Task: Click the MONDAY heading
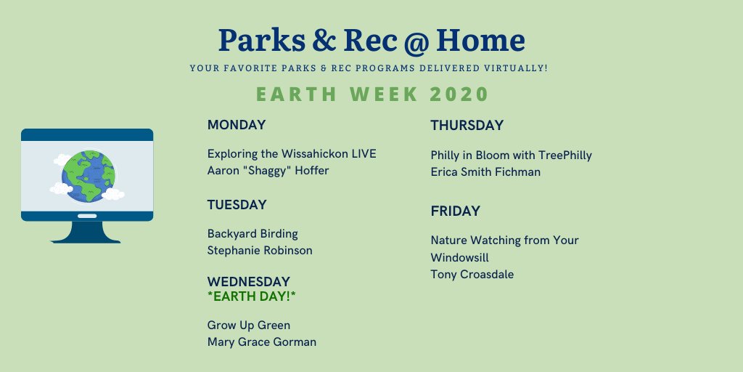[x=237, y=125]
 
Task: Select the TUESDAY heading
[x=237, y=205]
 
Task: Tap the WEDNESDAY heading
[x=249, y=282]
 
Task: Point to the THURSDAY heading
[x=467, y=126]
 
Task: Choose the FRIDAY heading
[x=456, y=211]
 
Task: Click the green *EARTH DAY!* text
[x=252, y=296]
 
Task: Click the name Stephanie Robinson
[x=260, y=251]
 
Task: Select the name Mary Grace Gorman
[x=261, y=342]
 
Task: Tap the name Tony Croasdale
[x=472, y=274]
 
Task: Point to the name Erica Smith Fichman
[x=485, y=171]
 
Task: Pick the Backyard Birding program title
[x=253, y=234]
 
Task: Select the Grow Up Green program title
[x=249, y=325]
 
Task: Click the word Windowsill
[x=459, y=258]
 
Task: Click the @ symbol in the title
[x=416, y=41]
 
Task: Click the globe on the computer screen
[x=88, y=177]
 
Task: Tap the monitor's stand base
[x=86, y=232]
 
